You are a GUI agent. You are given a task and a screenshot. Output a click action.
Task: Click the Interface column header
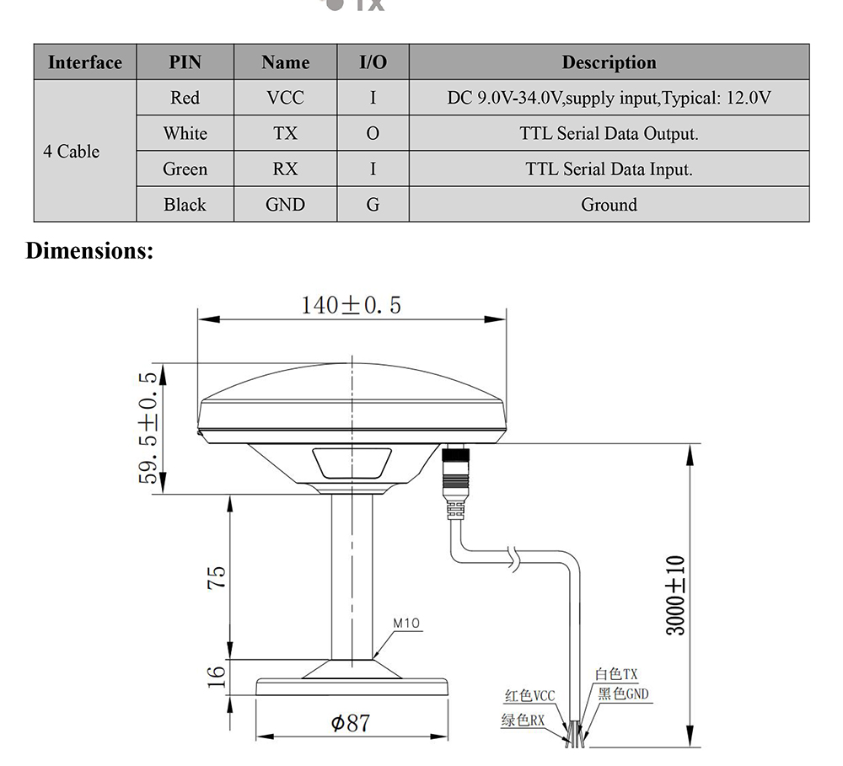pos(85,62)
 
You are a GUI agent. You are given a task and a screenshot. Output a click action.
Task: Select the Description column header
pos(609,62)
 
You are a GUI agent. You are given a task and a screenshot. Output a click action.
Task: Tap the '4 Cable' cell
pos(72,152)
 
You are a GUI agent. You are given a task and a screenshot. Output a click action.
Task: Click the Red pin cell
pos(185,98)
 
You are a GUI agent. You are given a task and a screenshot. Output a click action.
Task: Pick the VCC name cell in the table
pos(285,98)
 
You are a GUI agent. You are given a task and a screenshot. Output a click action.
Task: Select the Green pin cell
pos(185,169)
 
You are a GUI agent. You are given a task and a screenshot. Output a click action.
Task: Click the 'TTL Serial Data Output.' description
pos(609,133)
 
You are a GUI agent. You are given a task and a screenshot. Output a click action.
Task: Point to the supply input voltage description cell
pos(609,98)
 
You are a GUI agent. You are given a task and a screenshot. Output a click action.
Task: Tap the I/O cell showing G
pos(373,205)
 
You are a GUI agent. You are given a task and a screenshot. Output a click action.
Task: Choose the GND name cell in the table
pos(285,205)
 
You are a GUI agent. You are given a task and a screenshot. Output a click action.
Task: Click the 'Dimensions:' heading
pos(89,250)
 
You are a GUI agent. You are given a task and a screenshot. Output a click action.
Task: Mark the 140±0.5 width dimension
pos(352,305)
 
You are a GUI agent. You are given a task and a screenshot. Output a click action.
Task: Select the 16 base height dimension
pos(217,675)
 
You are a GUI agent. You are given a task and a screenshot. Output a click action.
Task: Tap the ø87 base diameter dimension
pos(350,722)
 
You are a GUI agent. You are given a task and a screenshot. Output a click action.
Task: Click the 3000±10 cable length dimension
pos(675,595)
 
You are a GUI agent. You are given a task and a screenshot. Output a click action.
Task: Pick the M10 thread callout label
pos(407,624)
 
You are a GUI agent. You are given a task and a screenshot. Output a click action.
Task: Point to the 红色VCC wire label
pos(529,696)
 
